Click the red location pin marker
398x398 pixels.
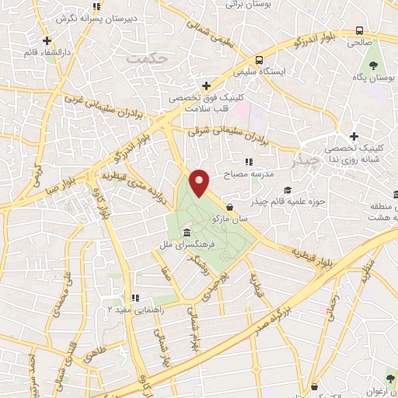click(200, 183)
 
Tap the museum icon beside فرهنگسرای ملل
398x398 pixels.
click(187, 233)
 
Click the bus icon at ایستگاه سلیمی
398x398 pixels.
click(258, 59)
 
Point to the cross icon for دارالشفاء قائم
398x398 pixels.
click(47, 40)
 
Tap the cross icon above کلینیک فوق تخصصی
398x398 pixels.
click(205, 86)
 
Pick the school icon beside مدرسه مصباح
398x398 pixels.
click(248, 162)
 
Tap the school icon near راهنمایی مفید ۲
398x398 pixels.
click(134, 297)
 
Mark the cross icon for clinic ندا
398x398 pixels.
click(354, 136)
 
